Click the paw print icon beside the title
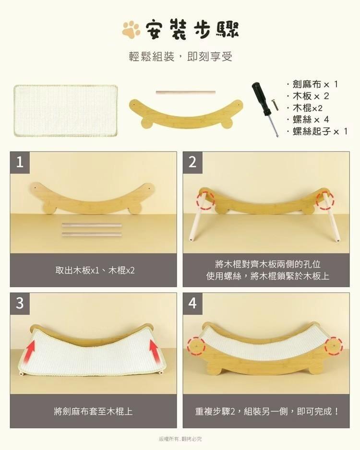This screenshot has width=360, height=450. click(131, 30)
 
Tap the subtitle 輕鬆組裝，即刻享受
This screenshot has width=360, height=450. click(180, 57)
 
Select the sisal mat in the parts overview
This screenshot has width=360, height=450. click(66, 111)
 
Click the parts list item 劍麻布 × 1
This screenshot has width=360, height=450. click(314, 84)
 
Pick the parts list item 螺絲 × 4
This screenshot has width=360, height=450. click(312, 119)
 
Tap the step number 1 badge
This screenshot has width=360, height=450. click(20, 162)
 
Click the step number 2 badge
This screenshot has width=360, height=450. click(192, 162)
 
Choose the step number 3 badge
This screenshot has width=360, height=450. click(20, 303)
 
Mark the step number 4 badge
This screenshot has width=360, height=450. click(192, 303)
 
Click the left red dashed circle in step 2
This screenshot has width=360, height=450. click(204, 200)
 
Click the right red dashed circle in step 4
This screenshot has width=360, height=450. click(333, 345)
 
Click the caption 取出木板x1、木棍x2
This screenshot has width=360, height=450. click(95, 271)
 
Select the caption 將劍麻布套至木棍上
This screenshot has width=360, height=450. click(94, 411)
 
